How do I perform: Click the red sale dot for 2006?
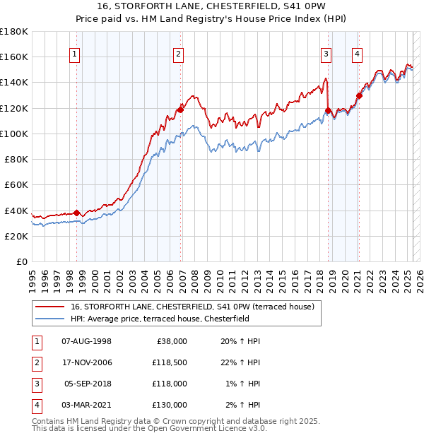180,109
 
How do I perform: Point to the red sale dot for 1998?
76,213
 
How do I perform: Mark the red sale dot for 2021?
359,95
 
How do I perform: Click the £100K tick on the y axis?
14,134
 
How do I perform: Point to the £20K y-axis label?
16,237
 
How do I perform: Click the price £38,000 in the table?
170,341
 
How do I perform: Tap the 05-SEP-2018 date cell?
88,384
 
